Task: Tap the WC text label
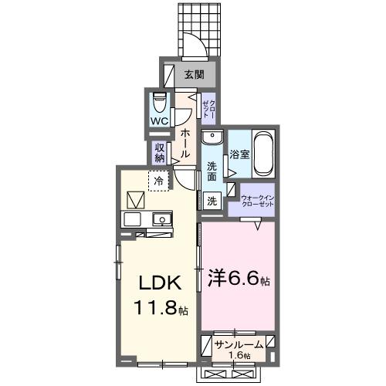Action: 160,122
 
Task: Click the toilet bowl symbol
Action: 160,103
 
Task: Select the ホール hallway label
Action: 185,143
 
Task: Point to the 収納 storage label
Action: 160,152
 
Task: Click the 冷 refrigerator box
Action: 159,181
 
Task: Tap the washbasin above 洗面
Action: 212,138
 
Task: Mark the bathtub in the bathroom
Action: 262,153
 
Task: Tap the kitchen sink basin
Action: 162,219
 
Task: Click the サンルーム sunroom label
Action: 239,344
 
